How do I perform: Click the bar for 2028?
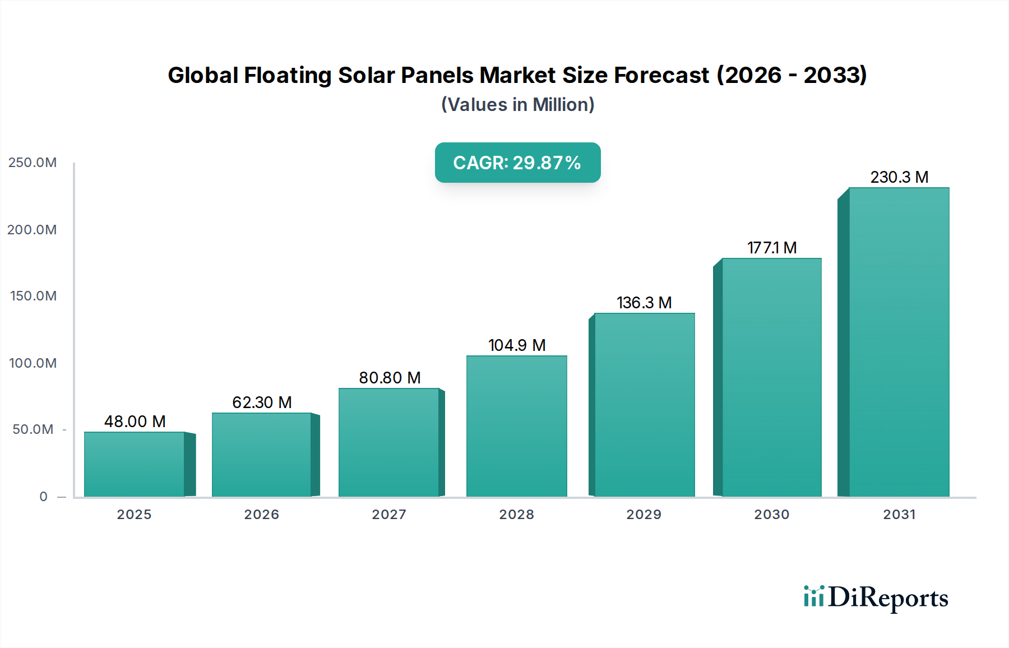(x=516, y=426)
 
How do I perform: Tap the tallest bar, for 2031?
(x=899, y=342)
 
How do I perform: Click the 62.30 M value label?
(x=262, y=402)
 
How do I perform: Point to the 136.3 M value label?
(x=644, y=303)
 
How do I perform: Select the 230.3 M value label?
(x=899, y=177)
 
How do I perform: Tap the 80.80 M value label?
(x=390, y=378)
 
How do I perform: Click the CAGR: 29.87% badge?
(x=517, y=163)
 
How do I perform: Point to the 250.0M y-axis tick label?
(x=33, y=163)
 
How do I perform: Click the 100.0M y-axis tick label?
(x=33, y=363)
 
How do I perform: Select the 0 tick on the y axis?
(x=44, y=497)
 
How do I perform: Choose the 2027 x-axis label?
(x=389, y=515)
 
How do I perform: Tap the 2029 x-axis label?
(x=644, y=515)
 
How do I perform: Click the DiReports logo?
(x=876, y=598)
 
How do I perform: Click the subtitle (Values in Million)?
(x=517, y=105)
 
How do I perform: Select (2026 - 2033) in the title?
(x=792, y=75)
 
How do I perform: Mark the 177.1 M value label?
(x=772, y=248)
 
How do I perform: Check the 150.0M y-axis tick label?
(x=33, y=296)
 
